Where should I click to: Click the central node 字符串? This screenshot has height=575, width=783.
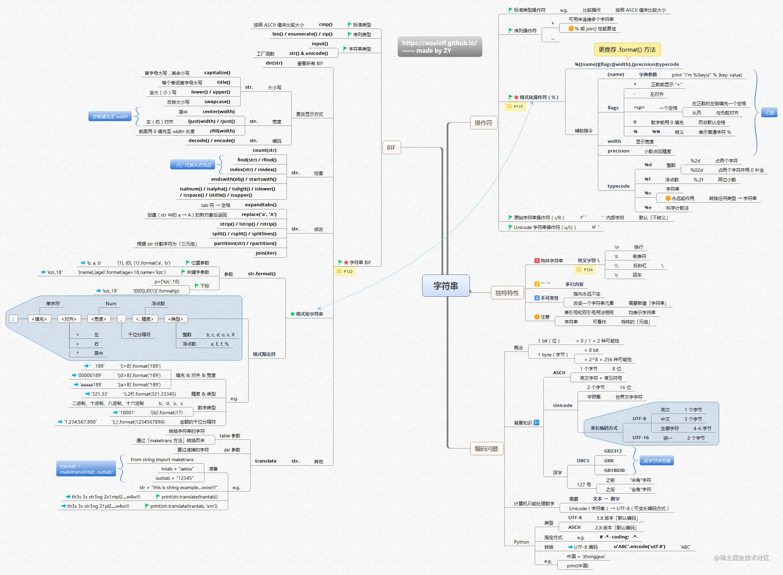tap(445, 286)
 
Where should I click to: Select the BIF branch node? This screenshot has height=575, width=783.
tap(391, 148)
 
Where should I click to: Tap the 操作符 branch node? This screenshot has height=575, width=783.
tap(483, 123)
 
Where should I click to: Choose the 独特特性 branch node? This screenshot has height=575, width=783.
tap(507, 293)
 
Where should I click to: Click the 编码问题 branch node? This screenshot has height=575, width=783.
tap(486, 449)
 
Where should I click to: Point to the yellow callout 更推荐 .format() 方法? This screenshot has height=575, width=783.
tap(627, 50)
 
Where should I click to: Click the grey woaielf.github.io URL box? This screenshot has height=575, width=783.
tap(440, 47)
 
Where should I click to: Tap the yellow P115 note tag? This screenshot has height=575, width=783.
tap(515, 107)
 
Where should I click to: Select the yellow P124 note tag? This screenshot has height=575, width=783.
tap(585, 269)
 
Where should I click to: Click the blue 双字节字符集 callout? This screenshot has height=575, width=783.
tap(657, 461)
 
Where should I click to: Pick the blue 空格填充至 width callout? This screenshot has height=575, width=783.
tap(110, 117)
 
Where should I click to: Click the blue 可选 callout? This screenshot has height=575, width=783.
tap(770, 113)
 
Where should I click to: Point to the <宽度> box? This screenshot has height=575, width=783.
tap(99, 319)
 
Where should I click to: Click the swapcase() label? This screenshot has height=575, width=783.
tap(217, 102)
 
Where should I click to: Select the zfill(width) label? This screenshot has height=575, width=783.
tap(222, 131)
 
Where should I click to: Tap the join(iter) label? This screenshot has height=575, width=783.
tap(266, 253)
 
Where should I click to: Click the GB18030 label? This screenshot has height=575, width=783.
tap(615, 470)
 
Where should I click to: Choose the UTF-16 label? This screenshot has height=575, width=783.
tap(640, 437)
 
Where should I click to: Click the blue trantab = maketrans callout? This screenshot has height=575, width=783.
tap(86, 468)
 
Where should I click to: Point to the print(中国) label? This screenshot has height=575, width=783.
tap(578, 566)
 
